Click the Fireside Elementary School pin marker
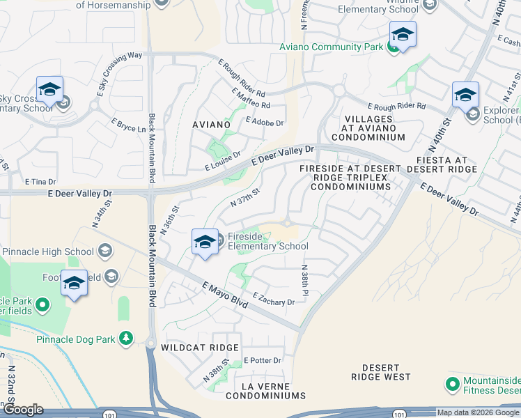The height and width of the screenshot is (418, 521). point(204,242)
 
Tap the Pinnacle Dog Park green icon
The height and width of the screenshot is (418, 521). point(126,338)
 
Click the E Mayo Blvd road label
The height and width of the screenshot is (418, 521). point(225,295)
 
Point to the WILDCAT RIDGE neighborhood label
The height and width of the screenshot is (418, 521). point(200,347)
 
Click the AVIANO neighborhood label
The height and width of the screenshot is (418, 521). point(211,124)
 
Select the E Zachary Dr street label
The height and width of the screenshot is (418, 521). point(274,299)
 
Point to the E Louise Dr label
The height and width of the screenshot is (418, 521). point(222,162)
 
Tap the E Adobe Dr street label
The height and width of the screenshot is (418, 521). point(265,123)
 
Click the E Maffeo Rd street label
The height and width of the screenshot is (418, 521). point(250,98)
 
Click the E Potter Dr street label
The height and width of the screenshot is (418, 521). point(262,361)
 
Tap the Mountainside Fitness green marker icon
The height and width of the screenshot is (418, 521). point(452,383)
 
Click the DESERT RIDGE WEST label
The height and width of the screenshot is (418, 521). point(381,372)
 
